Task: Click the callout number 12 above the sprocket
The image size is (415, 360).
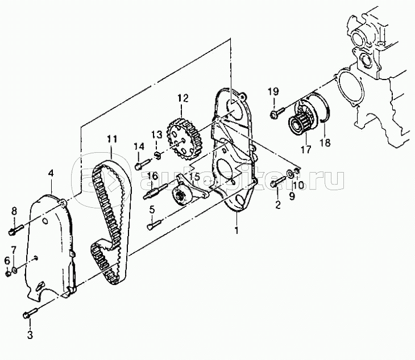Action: coord(183,98)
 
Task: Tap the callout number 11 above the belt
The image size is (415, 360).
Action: coord(112,139)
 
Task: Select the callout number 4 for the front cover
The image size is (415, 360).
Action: coord(51,173)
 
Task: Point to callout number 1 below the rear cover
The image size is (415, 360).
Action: coord(236,230)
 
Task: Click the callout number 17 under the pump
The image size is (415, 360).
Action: coord(306,150)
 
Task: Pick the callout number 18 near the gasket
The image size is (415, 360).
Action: coord(325,143)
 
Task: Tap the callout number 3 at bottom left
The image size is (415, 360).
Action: coord(30,334)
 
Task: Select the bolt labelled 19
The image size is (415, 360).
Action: coord(277,112)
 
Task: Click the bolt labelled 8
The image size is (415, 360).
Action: coord(16,229)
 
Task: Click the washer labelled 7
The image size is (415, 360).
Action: coord(15,271)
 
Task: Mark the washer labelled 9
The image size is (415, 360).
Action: coord(290,173)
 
